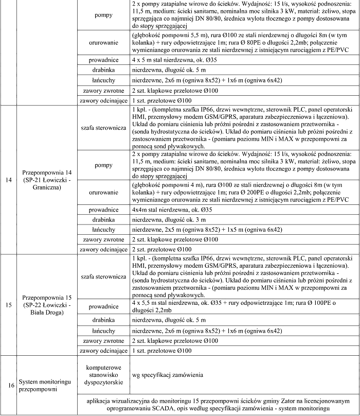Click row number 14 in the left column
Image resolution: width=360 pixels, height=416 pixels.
(x=8, y=180)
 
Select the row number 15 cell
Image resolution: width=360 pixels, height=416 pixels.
(x=8, y=305)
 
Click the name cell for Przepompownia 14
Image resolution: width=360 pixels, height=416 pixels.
(x=47, y=180)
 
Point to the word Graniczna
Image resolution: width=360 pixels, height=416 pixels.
(x=47, y=188)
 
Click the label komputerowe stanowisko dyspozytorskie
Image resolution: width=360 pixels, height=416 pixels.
(x=104, y=375)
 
